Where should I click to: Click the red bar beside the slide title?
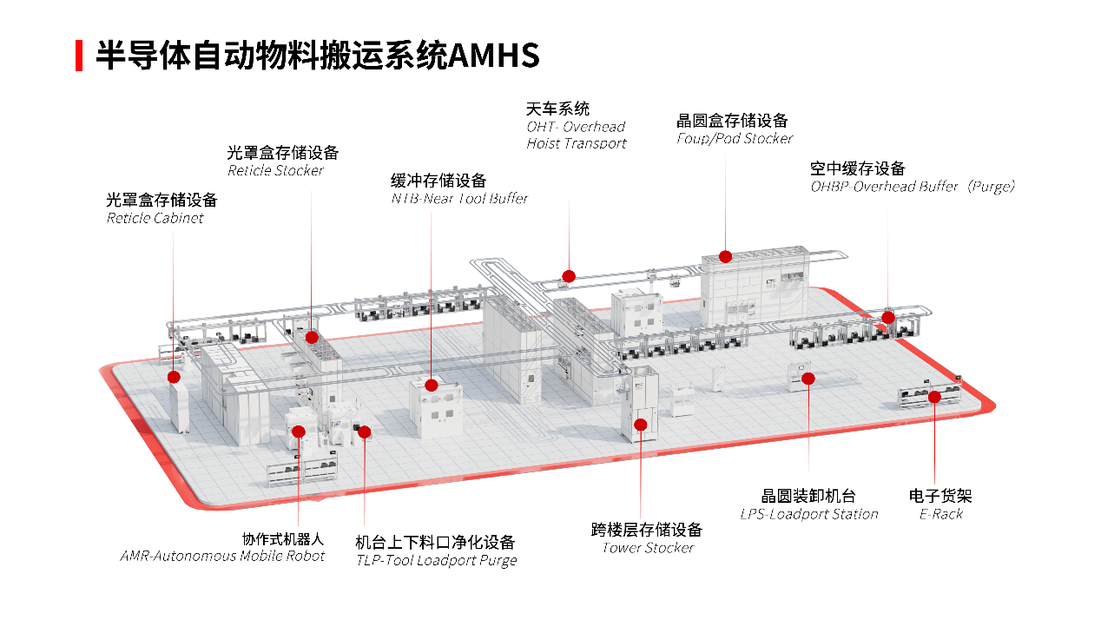tap(79, 56)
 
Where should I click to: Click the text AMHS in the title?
tap(495, 56)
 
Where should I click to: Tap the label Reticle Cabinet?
tap(155, 218)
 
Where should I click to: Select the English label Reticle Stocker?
tap(275, 170)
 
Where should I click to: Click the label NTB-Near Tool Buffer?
tap(459, 198)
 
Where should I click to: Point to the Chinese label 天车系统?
tap(557, 109)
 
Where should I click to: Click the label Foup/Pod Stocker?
tap(735, 138)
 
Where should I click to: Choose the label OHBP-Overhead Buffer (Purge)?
tap(913, 186)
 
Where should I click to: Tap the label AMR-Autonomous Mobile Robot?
tap(222, 556)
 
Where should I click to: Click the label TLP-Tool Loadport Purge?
tap(436, 560)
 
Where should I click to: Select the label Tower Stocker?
tap(648, 548)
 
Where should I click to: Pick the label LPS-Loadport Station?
tap(809, 514)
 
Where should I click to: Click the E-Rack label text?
tap(941, 514)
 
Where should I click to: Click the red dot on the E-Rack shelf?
tap(934, 397)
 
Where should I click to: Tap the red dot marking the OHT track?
tap(568, 275)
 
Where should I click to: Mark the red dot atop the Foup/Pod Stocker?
tap(726, 256)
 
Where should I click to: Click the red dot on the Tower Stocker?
tap(641, 425)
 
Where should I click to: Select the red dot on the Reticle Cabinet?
tap(175, 377)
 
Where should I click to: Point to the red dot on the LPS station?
tap(808, 378)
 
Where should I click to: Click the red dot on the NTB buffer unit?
tap(432, 385)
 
